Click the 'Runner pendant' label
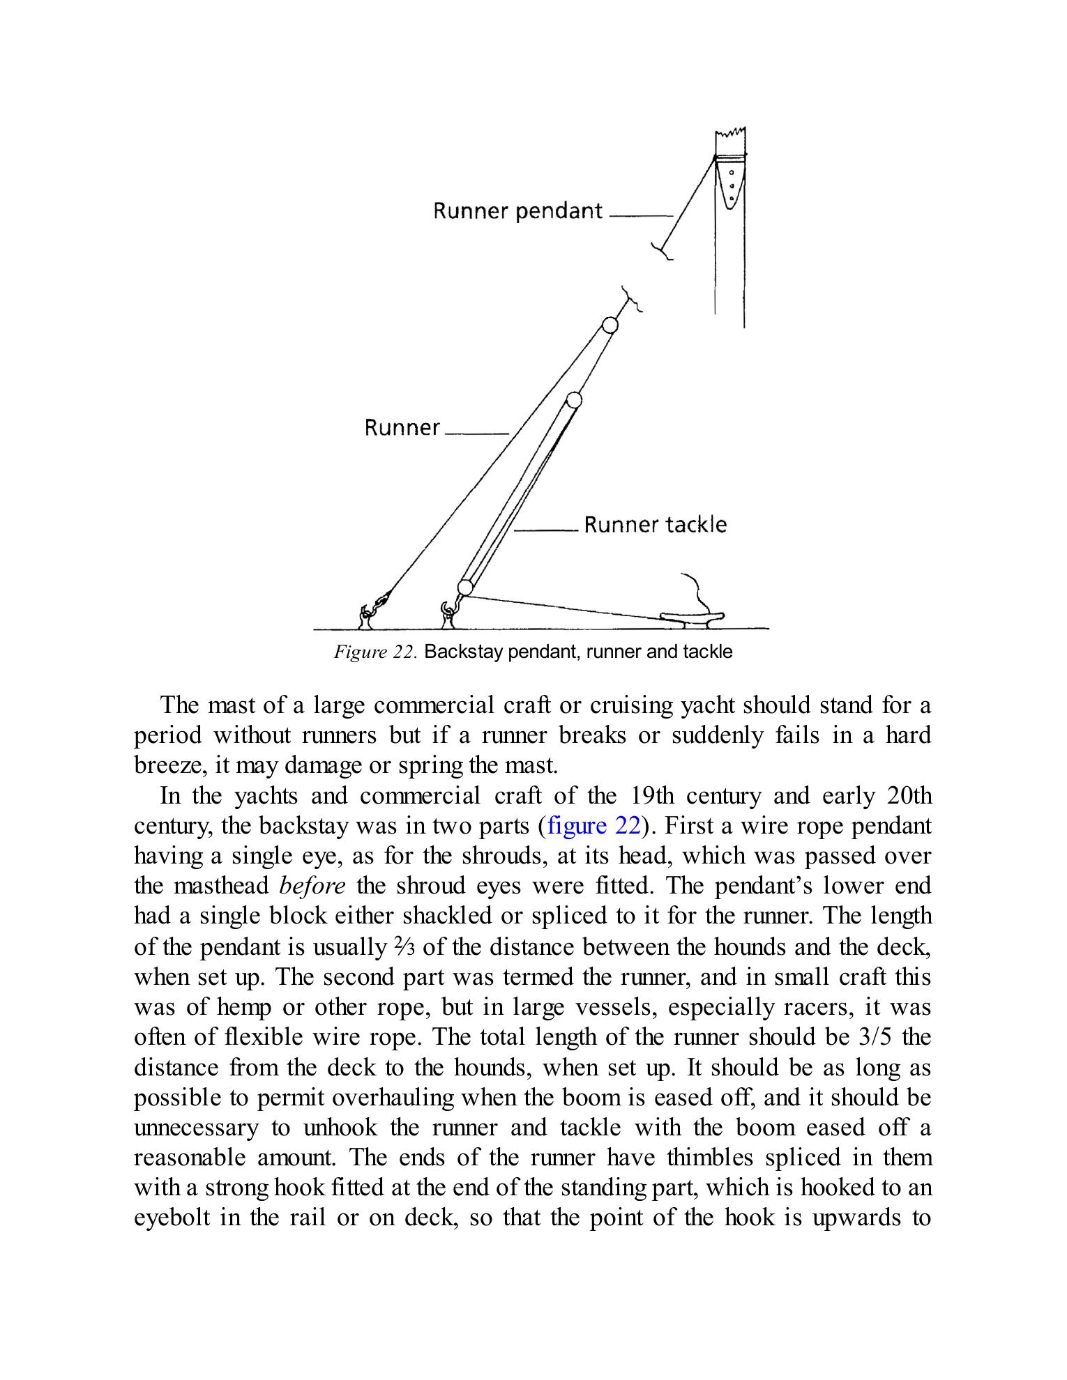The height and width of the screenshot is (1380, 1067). pyautogui.click(x=517, y=210)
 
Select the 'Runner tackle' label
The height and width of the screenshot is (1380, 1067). pyautogui.click(x=655, y=524)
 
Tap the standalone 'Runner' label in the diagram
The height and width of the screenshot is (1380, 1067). pyautogui.click(x=402, y=427)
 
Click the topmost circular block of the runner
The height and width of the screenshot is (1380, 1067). pyautogui.click(x=610, y=325)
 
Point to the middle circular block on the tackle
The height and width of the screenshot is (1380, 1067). pyautogui.click(x=574, y=400)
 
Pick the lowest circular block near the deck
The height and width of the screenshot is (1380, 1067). pyautogui.click(x=465, y=587)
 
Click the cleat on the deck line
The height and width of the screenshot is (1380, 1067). pyautogui.click(x=693, y=616)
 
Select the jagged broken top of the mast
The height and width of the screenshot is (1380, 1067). pyautogui.click(x=731, y=135)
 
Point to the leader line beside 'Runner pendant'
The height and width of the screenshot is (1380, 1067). pyautogui.click(x=640, y=216)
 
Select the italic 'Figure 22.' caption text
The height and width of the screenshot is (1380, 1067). pyautogui.click(x=375, y=652)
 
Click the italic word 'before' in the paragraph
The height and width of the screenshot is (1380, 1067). pyautogui.click(x=312, y=886)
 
